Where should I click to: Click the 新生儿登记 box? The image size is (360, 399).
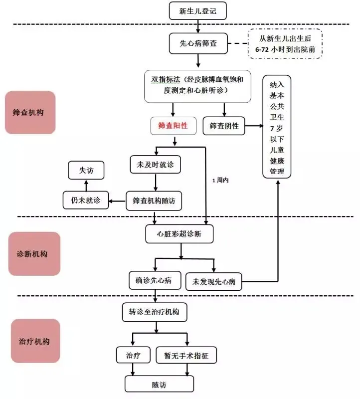pyautogui.click(x=197, y=10)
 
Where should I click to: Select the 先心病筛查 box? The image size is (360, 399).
pyautogui.click(x=198, y=43)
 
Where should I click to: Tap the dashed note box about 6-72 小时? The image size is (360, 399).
pyautogui.click(x=285, y=44)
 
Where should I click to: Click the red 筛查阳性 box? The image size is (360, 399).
pyautogui.click(x=173, y=126)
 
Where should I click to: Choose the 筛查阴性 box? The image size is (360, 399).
pyautogui.click(x=224, y=126)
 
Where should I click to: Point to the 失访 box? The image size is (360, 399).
pyautogui.click(x=86, y=170)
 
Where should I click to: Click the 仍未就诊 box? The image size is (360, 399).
pyautogui.click(x=86, y=200)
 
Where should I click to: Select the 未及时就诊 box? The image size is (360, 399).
pyautogui.click(x=155, y=165)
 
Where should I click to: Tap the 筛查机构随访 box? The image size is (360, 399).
pyautogui.click(x=154, y=201)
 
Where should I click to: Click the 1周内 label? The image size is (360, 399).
pyautogui.click(x=220, y=180)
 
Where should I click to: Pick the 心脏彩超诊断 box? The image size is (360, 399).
pyautogui.click(x=179, y=234)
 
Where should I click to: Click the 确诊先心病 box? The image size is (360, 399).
pyautogui.click(x=155, y=280)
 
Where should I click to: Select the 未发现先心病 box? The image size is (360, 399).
pyautogui.click(x=213, y=281)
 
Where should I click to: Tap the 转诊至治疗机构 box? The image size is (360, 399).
pyautogui.click(x=155, y=312)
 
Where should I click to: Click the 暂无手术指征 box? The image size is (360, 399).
pyautogui.click(x=186, y=355)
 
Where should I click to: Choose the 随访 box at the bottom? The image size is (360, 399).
pyautogui.click(x=159, y=384)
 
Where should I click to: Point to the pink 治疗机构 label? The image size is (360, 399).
pyautogui.click(x=35, y=341)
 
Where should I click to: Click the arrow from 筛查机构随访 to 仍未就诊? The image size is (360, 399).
pyautogui.click(x=117, y=201)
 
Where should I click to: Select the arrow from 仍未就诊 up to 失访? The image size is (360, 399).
pyautogui.click(x=86, y=186)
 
